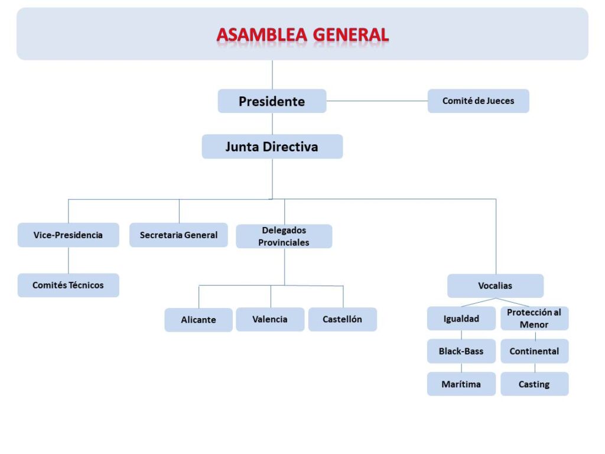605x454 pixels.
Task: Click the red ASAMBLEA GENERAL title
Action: point(302,35)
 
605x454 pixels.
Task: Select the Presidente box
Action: point(272,101)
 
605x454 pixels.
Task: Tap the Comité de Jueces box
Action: point(478,101)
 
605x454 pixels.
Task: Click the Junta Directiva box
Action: point(272,147)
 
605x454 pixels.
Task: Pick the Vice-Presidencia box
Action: point(68,235)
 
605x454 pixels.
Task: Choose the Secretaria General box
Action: point(178,235)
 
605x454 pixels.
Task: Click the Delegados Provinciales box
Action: point(284,236)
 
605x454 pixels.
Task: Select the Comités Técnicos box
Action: point(68,285)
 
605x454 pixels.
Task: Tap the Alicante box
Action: point(199,320)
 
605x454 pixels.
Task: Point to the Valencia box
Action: point(270,319)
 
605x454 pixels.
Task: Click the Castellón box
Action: point(342,319)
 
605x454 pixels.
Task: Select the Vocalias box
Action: point(495,286)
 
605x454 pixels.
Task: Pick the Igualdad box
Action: point(461,319)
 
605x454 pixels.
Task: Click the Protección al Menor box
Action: point(534,318)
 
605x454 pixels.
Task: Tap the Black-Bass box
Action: point(461,351)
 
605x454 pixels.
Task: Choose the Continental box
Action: point(534,351)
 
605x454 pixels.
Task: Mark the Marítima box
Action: point(461,384)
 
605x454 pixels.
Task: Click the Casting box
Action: point(534,384)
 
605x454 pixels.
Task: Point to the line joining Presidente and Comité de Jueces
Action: point(377,101)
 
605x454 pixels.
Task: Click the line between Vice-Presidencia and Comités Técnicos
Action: point(69,260)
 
